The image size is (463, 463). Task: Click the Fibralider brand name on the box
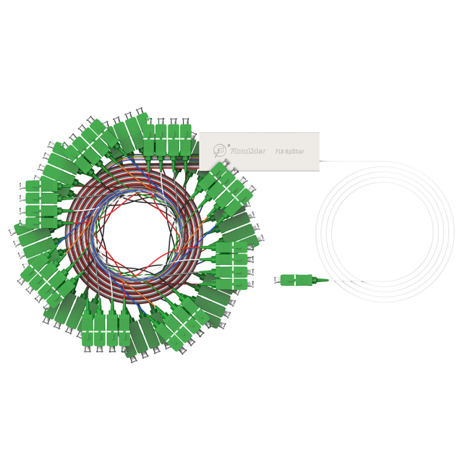coord(248,151)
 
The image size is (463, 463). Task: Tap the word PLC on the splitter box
coord(279,152)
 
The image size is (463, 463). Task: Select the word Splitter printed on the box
coord(294,152)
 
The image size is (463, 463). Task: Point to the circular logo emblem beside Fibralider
coord(220,150)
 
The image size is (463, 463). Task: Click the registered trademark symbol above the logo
coord(229,145)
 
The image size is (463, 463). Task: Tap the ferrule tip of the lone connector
coord(277,280)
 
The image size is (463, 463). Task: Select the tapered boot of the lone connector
coord(320,280)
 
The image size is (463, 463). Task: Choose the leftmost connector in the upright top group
coord(148,140)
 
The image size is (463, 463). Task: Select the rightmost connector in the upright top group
coord(186,140)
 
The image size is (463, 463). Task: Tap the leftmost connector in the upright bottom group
coord(88,330)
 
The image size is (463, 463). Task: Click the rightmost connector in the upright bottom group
coord(124,330)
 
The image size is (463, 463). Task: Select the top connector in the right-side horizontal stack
coord(231,247)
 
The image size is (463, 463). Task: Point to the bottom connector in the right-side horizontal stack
coord(231,284)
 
